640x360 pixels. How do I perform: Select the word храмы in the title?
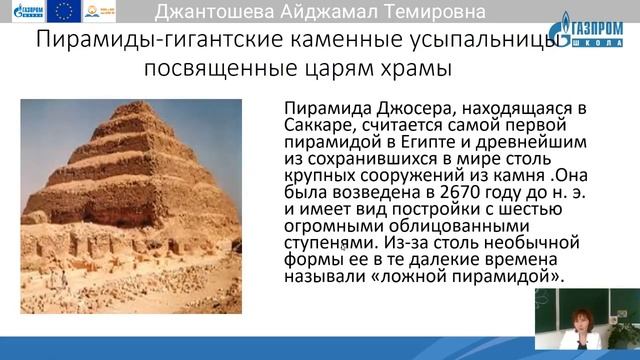pyautogui.click(x=409, y=71)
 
